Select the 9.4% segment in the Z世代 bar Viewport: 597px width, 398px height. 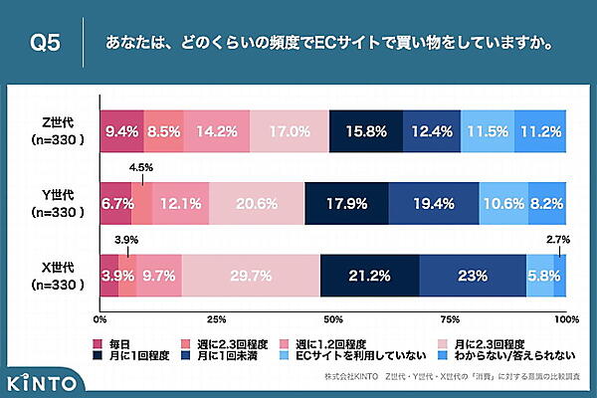pyautogui.click(x=121, y=129)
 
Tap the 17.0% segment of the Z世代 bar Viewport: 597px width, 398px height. pyautogui.click(x=289, y=129)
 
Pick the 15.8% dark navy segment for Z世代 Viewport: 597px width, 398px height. pyautogui.click(x=366, y=129)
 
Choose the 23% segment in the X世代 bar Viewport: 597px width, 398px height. pyautogui.click(x=473, y=276)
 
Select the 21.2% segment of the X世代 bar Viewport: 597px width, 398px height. pyautogui.click(x=369, y=276)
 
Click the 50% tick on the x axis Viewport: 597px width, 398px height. pyautogui.click(x=333, y=320)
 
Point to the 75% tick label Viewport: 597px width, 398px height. pyautogui.click(x=450, y=320)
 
